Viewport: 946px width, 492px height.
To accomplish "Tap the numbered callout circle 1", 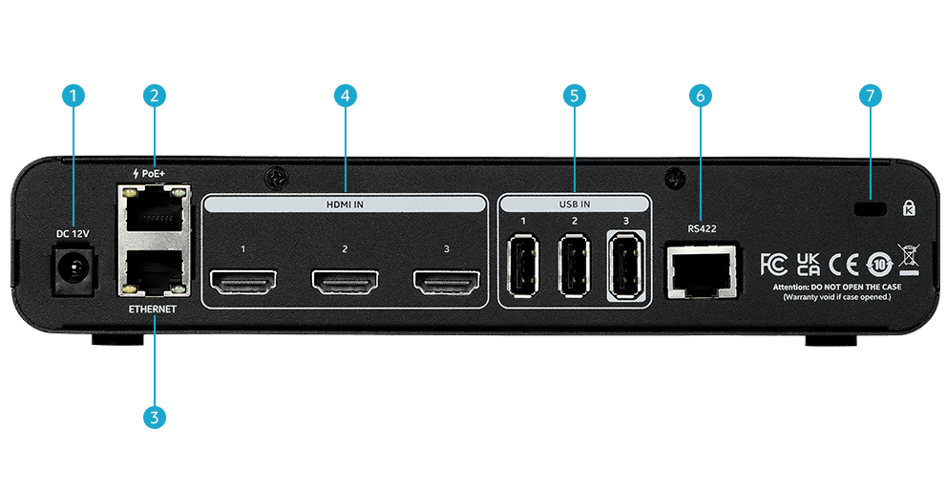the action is (74, 96).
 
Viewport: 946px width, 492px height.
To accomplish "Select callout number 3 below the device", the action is (155, 417).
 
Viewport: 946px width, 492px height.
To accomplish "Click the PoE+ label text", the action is (149, 173).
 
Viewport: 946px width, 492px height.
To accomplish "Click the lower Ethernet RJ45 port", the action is (154, 271).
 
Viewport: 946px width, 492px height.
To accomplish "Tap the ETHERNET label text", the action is (153, 310).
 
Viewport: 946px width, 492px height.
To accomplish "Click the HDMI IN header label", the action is (346, 204).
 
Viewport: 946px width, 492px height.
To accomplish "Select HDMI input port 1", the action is (243, 282).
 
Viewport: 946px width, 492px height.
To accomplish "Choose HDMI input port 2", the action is (346, 282).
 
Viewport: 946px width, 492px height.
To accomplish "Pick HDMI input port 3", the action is (447, 282).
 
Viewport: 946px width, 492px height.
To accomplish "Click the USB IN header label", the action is (575, 204).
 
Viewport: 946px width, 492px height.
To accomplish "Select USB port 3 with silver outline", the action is (626, 267).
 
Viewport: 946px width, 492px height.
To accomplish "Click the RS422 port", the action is (702, 271).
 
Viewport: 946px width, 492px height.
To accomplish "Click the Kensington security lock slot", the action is (871, 209).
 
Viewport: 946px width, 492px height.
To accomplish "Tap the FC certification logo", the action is (773, 265).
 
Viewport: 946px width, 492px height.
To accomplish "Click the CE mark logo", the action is (844, 265).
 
